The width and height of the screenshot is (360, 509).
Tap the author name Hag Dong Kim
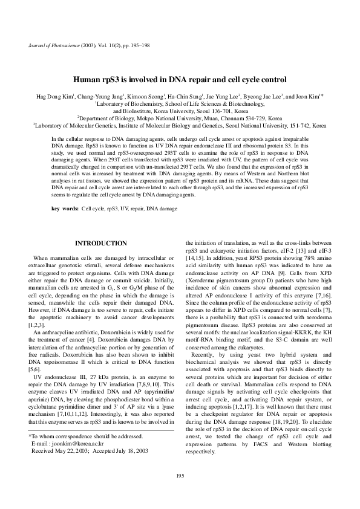click(54, 96)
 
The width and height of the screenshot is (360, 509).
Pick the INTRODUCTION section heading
click(100, 243)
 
